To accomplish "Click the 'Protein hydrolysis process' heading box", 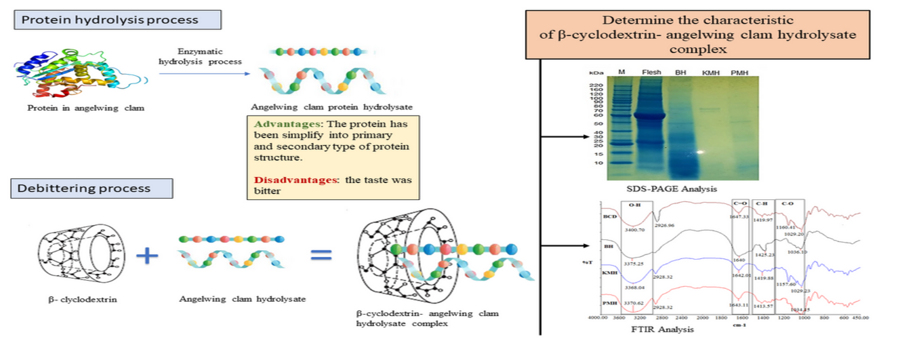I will (117, 20).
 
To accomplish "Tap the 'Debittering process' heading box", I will (91, 188).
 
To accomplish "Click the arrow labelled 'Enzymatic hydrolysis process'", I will (201, 73).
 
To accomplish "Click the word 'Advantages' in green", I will (280, 125).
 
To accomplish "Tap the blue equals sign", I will (321, 255).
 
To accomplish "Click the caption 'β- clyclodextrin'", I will (82, 298).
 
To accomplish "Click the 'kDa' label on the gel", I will (596, 73).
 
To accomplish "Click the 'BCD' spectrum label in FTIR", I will (609, 217).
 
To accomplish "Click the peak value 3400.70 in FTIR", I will (636, 230).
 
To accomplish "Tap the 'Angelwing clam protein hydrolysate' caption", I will (331, 107).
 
